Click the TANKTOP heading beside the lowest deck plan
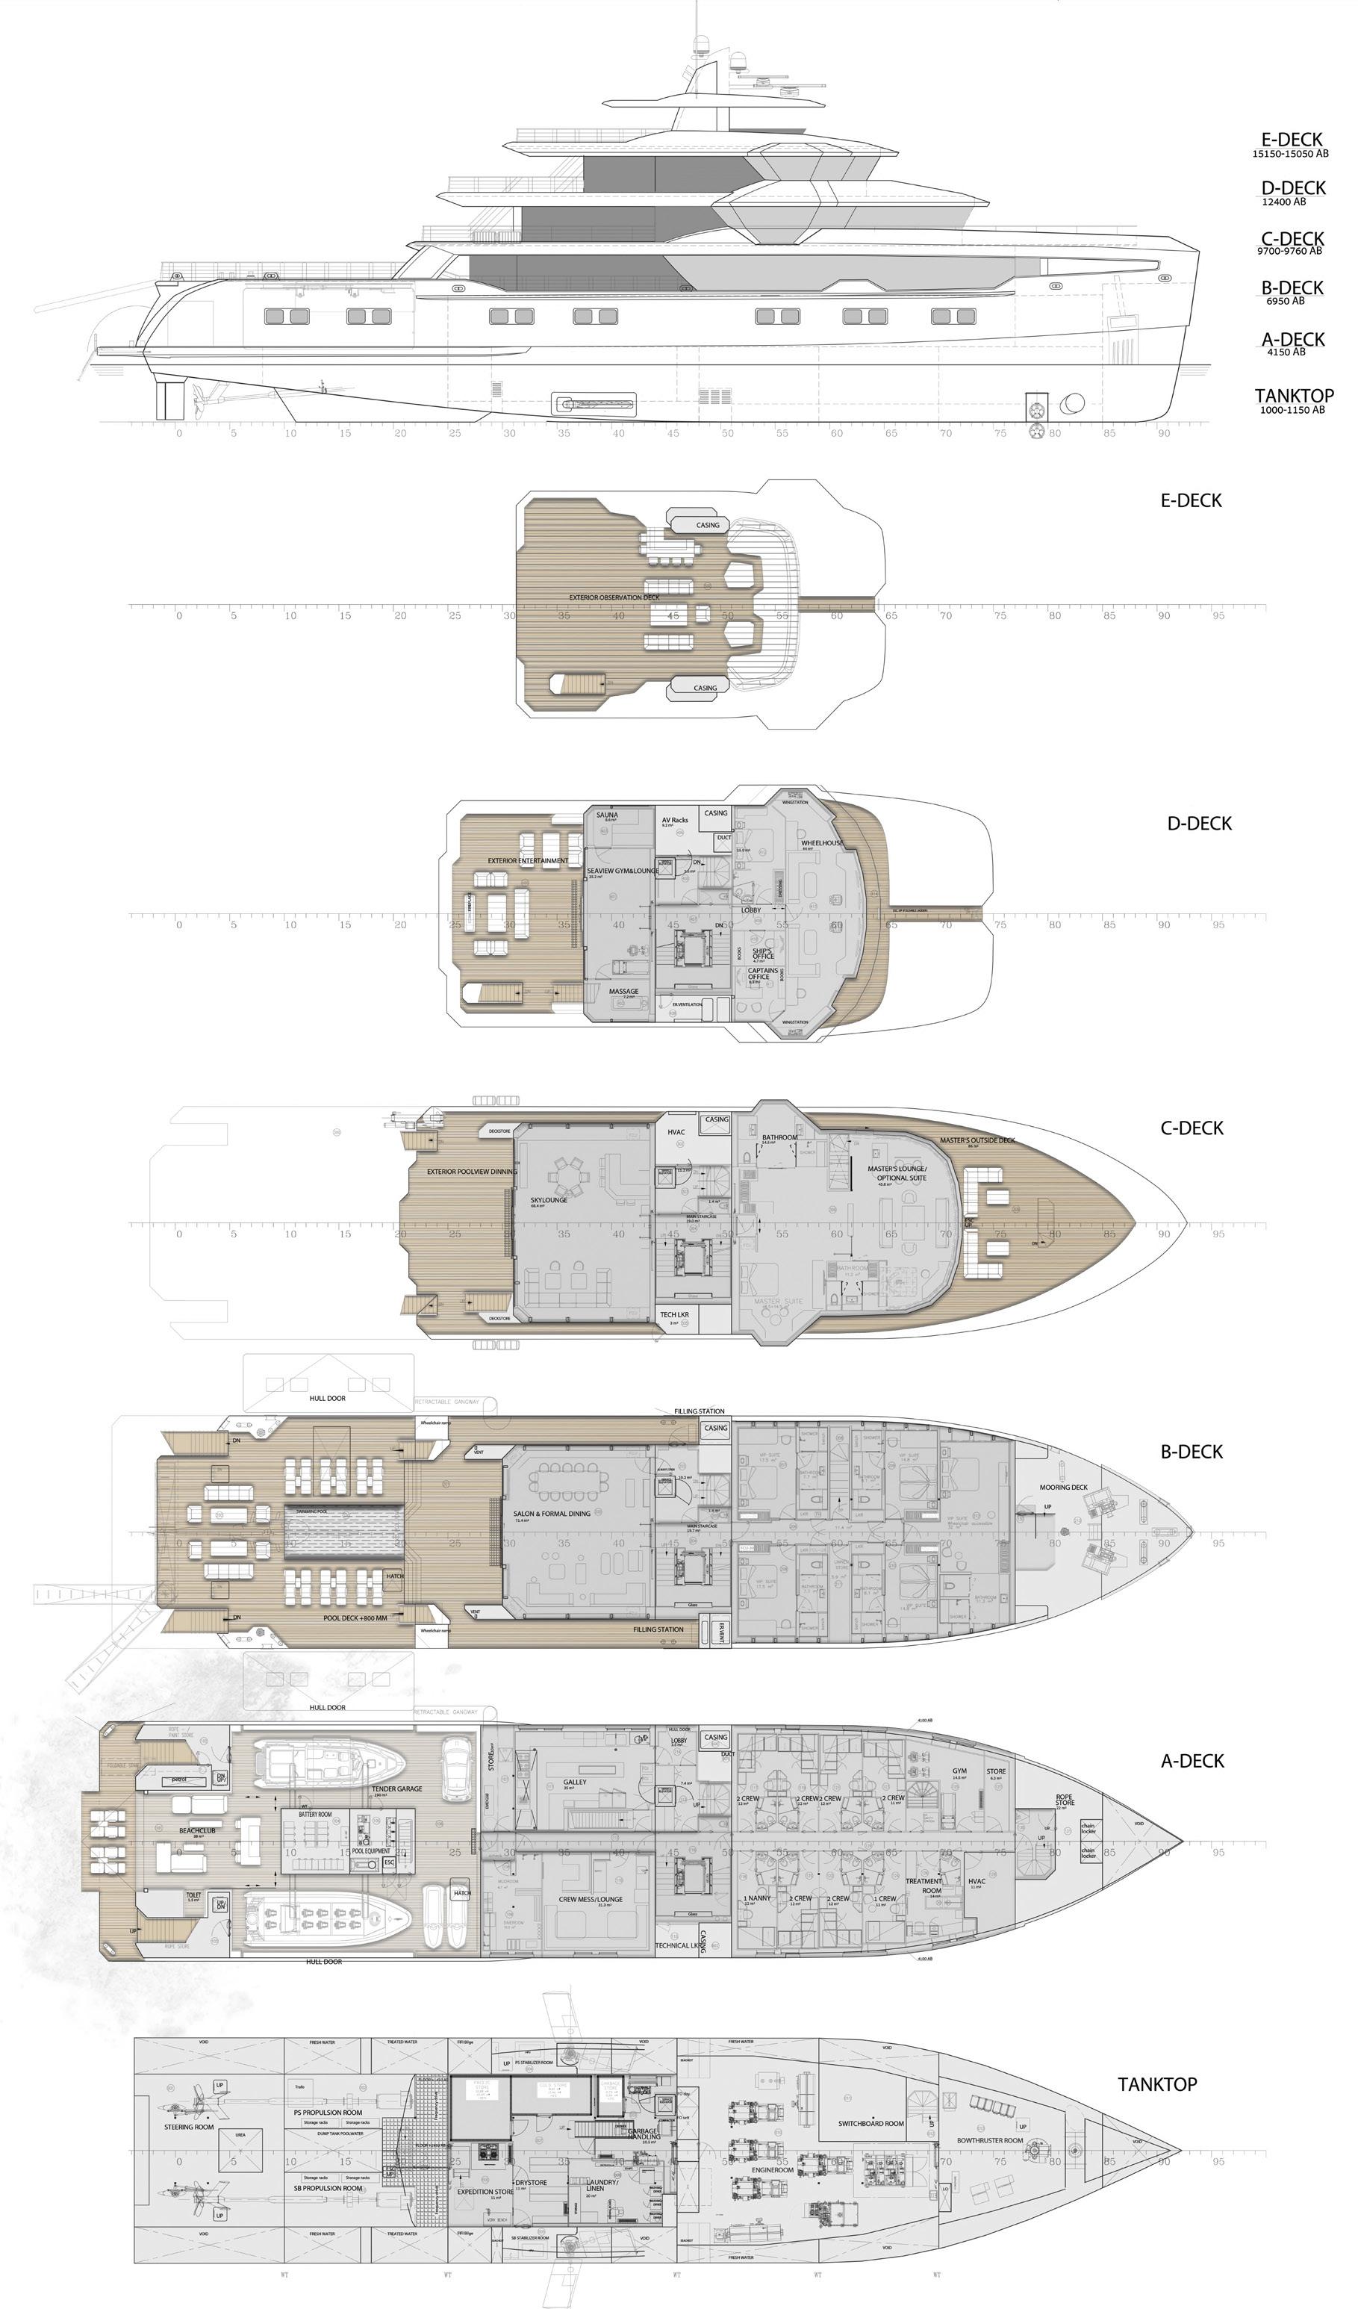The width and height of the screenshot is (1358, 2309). click(1156, 2083)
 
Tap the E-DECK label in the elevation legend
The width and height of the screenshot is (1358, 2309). click(1291, 140)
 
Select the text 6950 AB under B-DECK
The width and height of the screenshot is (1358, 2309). click(1285, 300)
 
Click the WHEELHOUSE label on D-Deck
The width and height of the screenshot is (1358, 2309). click(822, 842)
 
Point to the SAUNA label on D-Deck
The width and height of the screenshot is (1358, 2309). click(607, 815)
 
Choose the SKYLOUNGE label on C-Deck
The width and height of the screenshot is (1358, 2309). click(548, 1199)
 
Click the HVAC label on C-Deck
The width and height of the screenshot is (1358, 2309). click(676, 1131)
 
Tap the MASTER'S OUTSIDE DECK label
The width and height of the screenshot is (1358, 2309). click(977, 1141)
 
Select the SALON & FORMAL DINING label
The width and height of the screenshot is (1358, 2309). click(552, 1514)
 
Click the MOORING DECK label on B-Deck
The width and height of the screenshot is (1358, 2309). click(1063, 1487)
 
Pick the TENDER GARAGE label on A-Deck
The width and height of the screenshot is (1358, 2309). click(396, 1789)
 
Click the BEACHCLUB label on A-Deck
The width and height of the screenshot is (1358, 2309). click(197, 1831)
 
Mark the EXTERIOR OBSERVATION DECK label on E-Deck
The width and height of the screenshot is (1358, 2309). click(614, 597)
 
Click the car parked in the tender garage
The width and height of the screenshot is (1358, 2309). click(455, 1768)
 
